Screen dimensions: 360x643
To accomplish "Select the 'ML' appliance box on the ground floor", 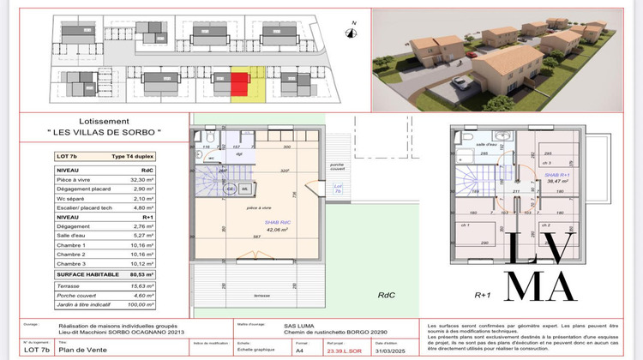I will point(245,189).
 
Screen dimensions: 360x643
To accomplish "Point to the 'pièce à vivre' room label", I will point(257,208).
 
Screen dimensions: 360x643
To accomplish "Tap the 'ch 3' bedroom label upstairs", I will point(546,162).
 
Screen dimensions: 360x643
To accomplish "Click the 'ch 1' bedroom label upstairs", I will point(463,225).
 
